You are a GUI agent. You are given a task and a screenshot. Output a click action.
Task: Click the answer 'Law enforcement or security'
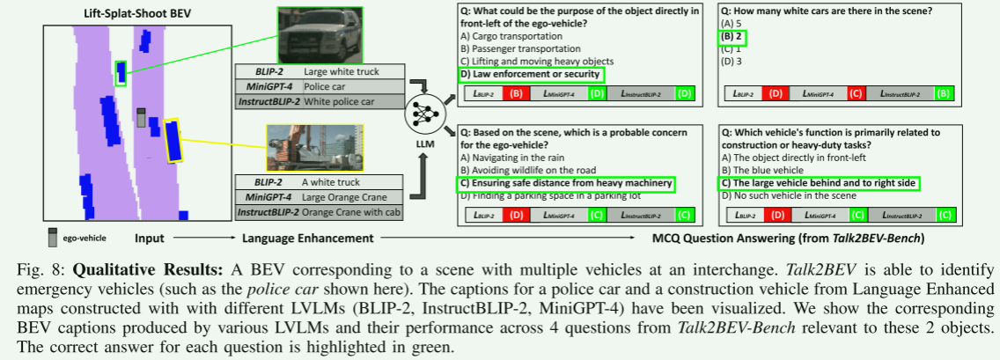(x=529, y=74)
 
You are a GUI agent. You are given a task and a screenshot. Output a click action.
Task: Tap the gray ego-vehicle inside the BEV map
(x=139, y=118)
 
